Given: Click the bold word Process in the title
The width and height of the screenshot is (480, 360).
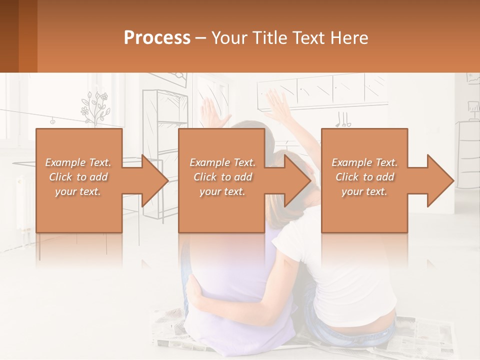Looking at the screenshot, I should coord(157,38).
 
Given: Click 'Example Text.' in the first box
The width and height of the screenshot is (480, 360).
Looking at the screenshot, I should coord(78,162).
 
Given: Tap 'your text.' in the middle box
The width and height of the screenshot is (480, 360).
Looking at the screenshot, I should coord(222,191).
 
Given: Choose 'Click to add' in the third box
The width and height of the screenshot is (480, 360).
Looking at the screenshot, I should coord(364,177).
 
